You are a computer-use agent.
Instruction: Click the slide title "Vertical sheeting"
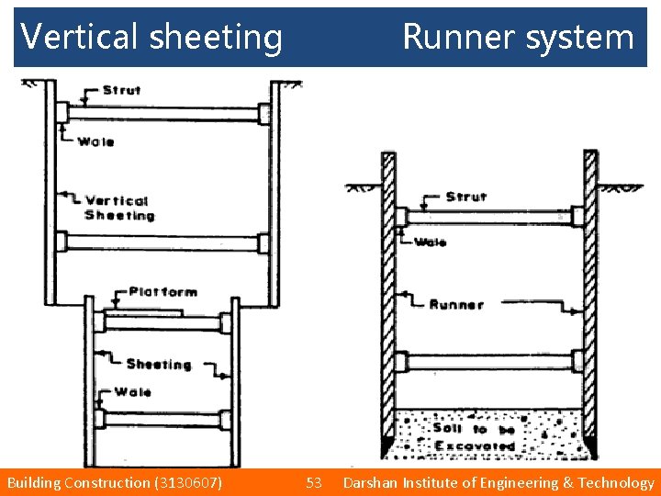pyautogui.click(x=151, y=37)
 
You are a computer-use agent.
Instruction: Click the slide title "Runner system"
pyautogui.click(x=518, y=37)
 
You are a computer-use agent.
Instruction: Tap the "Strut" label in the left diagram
pyautogui.click(x=122, y=90)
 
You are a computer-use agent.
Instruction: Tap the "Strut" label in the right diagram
pyautogui.click(x=466, y=197)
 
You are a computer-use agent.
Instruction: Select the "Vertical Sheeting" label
pyautogui.click(x=118, y=208)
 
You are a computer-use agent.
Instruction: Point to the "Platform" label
pyautogui.click(x=162, y=292)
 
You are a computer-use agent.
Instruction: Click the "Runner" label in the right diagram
pyautogui.click(x=455, y=304)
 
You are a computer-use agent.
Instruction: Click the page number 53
pyautogui.click(x=314, y=482)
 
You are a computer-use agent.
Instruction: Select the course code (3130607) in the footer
pyautogui.click(x=186, y=482)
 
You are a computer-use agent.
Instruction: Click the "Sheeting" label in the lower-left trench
pyautogui.click(x=159, y=364)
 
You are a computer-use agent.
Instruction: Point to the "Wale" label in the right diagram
pyautogui.click(x=430, y=242)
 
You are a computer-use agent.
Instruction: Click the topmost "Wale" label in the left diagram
pyautogui.click(x=96, y=141)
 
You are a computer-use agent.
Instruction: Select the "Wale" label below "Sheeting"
pyautogui.click(x=133, y=392)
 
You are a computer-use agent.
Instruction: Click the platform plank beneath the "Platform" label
pyautogui.click(x=143, y=313)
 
